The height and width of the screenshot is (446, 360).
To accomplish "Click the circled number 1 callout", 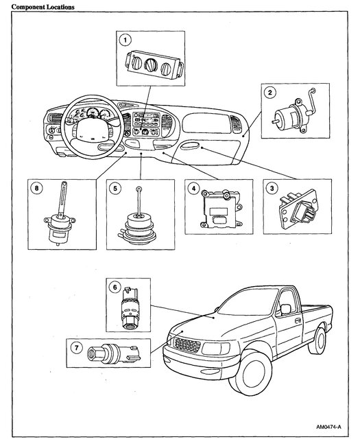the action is click(x=125, y=40).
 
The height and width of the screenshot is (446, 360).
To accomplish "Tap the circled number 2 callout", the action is click(x=270, y=92).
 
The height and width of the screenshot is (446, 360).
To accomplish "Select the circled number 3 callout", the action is click(x=272, y=188).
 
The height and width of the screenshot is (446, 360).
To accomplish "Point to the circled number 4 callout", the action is click(x=194, y=188).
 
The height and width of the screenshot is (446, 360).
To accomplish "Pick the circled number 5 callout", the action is click(x=115, y=188).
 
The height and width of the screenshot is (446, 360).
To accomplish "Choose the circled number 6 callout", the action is click(x=115, y=287).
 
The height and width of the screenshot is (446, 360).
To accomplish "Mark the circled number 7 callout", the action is click(x=77, y=347).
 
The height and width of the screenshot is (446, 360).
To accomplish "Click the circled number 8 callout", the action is click(x=36, y=188).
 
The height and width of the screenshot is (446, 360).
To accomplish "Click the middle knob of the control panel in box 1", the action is click(x=151, y=64).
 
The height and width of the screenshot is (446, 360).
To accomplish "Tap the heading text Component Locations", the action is click(x=43, y=7).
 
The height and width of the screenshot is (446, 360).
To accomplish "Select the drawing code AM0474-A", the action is click(x=328, y=427).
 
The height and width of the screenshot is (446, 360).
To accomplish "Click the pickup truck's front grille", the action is click(x=187, y=344).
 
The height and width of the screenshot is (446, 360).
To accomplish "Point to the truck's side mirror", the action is click(x=285, y=309).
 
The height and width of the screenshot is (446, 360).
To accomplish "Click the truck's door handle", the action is click(x=298, y=320).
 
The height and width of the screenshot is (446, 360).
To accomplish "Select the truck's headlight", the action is click(x=216, y=349).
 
